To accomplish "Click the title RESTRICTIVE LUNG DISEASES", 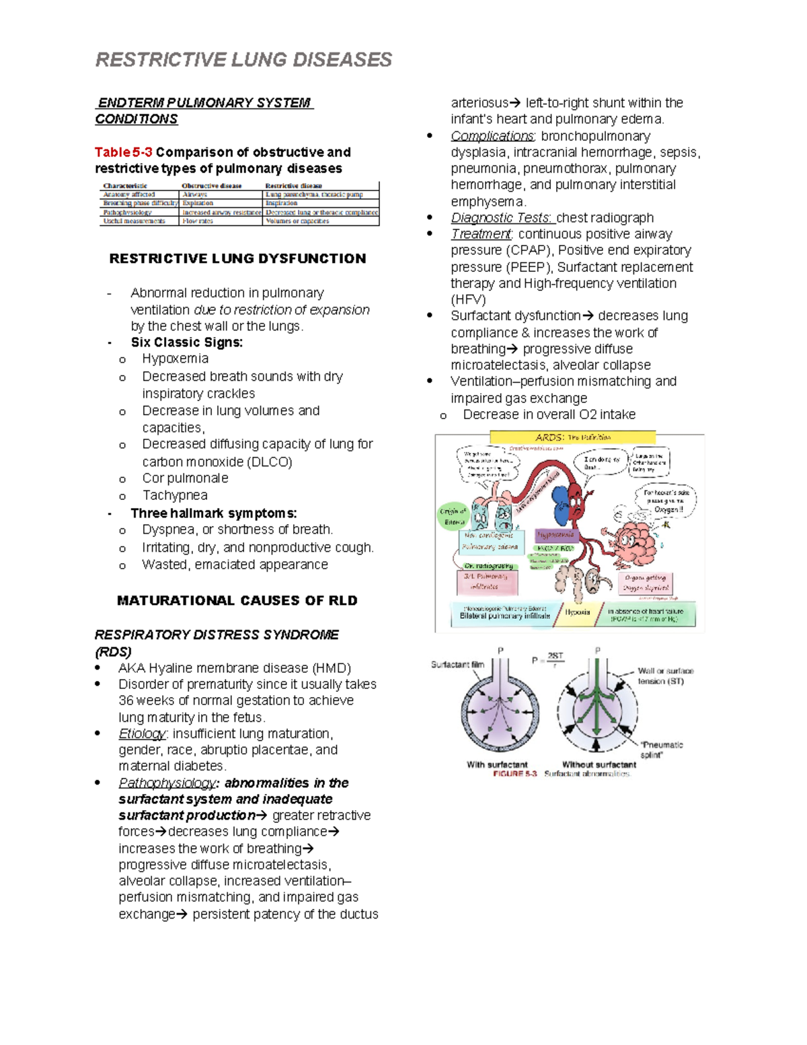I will coord(243,60).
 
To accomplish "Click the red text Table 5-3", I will coord(123,152).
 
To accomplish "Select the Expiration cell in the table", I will coord(198,203).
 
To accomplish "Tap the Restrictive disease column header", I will coord(293,186).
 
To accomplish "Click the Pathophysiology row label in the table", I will coord(127,212).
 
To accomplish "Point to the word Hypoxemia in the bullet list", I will coord(175,359).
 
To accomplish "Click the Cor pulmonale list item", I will coord(185,478).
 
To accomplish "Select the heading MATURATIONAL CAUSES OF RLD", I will coord(237,600).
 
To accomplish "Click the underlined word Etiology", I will coord(142,733).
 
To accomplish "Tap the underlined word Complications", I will coord(492,136).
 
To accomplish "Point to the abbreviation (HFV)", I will coord(468,299).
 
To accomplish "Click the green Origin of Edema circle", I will coord(453,516).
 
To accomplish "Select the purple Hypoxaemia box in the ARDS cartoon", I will coord(555,535).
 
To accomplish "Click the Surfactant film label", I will coord(457,664).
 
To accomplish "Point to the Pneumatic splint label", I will coord(660,750).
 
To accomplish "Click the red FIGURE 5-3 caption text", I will coord(514,774).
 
